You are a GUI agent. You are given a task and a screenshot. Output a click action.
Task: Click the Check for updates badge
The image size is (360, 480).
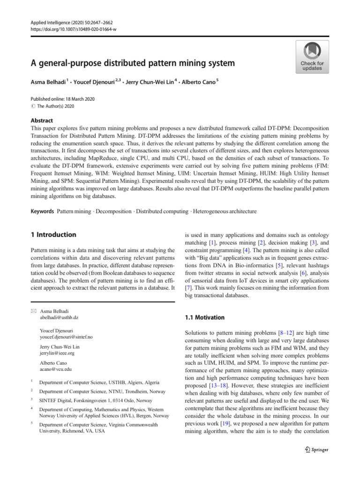(312, 56)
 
